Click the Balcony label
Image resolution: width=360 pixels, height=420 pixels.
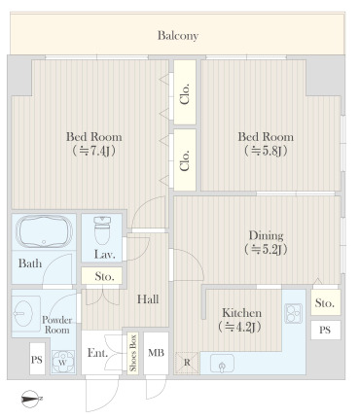178,36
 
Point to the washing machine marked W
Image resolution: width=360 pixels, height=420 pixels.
64,358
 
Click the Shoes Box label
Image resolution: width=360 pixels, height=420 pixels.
131,353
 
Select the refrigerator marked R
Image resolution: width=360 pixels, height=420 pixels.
187,364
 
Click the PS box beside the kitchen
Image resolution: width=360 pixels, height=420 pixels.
324,331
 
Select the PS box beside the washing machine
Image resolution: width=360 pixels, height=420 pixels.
36,360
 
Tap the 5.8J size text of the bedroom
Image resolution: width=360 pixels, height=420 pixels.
266,152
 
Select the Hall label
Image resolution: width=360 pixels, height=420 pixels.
148,299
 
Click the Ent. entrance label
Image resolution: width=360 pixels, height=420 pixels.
97,353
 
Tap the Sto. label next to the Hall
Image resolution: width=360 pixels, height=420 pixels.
105,278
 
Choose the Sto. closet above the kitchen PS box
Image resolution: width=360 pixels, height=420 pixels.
324,303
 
